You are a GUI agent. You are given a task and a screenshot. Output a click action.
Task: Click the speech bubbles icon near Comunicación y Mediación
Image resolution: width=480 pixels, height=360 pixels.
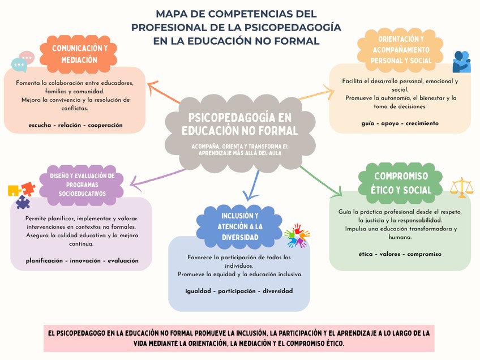pos(23,62)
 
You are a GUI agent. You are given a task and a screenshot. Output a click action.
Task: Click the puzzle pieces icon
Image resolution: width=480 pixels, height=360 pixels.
pos(21,194)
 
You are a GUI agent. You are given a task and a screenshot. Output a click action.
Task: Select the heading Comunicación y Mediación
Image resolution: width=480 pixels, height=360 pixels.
pos(80,54)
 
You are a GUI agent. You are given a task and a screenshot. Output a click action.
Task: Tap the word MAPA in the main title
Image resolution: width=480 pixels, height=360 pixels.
pos(172,14)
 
